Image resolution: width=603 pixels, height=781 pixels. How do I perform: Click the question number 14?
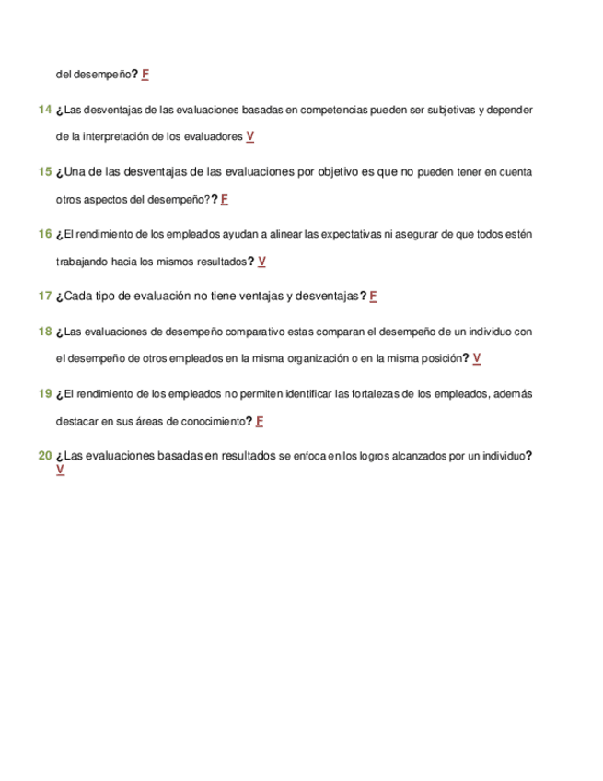point(44,111)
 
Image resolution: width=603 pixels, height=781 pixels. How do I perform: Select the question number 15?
point(44,172)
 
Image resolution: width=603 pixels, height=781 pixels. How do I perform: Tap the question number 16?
point(44,234)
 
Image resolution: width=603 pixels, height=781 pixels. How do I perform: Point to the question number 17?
point(44,296)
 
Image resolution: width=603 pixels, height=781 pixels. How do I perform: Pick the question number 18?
point(44,331)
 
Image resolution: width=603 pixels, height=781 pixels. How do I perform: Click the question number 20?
point(44,456)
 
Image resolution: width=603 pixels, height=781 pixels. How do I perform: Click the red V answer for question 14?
point(250,136)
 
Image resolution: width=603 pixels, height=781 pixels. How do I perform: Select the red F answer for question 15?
point(225,199)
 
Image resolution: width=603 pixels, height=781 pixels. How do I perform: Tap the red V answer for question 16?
point(262,261)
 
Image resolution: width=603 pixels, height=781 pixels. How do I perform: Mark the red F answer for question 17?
point(374,296)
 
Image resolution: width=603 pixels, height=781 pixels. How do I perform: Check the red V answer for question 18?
point(477,357)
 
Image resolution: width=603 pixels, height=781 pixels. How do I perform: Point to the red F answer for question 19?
point(261,421)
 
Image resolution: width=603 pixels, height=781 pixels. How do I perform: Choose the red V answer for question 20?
point(60,470)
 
